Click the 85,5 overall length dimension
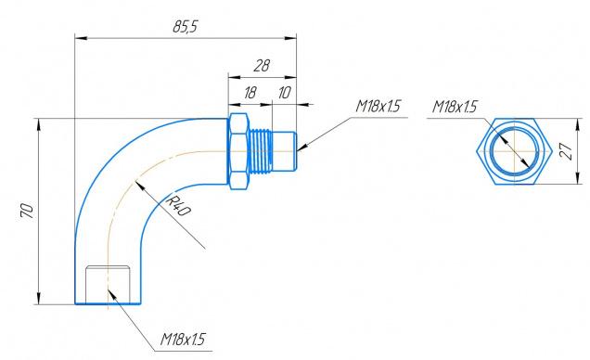(185, 26)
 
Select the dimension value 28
(262, 66)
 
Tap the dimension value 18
(250, 93)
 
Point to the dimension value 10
(284, 93)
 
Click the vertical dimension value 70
(27, 211)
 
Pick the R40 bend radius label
(178, 205)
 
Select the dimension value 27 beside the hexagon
(568, 151)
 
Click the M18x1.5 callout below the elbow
(183, 339)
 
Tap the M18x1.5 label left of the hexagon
(455, 107)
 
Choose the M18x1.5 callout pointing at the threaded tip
(378, 106)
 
